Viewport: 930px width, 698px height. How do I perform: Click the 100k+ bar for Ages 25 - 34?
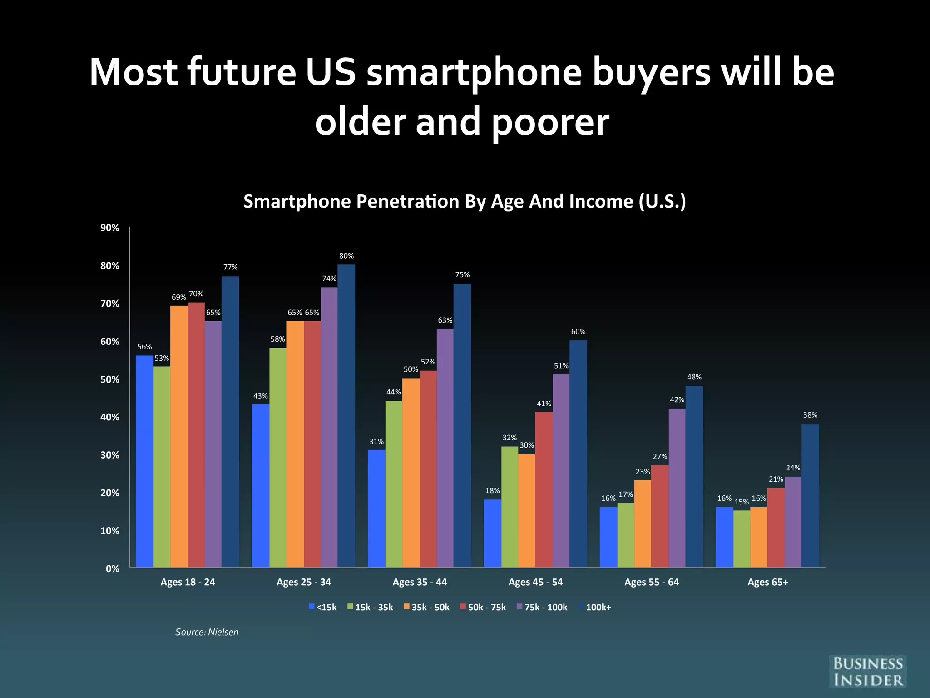[346, 416]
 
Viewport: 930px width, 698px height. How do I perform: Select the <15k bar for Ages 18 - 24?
[144, 461]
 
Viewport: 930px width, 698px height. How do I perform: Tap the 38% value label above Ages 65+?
[810, 415]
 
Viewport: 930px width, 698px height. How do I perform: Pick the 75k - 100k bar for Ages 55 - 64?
[677, 488]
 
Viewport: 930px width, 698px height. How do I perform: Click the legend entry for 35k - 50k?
[426, 607]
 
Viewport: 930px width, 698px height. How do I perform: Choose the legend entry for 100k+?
[595, 607]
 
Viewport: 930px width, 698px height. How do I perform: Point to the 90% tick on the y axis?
[109, 228]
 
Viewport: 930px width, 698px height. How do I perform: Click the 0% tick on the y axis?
[112, 568]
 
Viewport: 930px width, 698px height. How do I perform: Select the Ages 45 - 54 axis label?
[535, 582]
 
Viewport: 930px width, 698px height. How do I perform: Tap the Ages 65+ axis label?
[767, 582]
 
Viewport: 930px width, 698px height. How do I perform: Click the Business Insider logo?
[867, 672]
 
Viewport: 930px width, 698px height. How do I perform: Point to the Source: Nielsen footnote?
[207, 632]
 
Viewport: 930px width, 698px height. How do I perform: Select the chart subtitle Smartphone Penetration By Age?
[464, 201]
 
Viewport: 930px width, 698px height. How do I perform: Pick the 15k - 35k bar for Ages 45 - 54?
[510, 507]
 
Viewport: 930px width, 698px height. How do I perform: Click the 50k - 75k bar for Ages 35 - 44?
[428, 469]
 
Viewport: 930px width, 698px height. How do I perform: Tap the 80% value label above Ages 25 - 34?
[346, 256]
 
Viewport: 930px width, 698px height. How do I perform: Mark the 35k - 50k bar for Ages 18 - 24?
[179, 436]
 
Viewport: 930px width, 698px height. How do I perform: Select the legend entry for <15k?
[322, 607]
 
